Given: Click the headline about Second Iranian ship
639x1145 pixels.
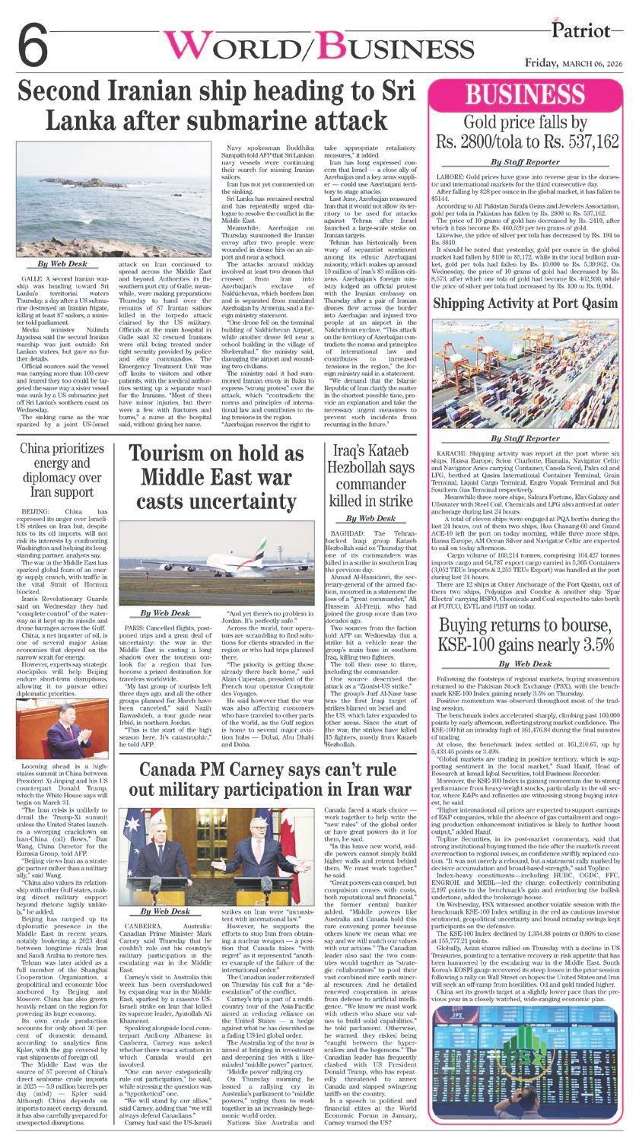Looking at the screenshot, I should tap(217, 107).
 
